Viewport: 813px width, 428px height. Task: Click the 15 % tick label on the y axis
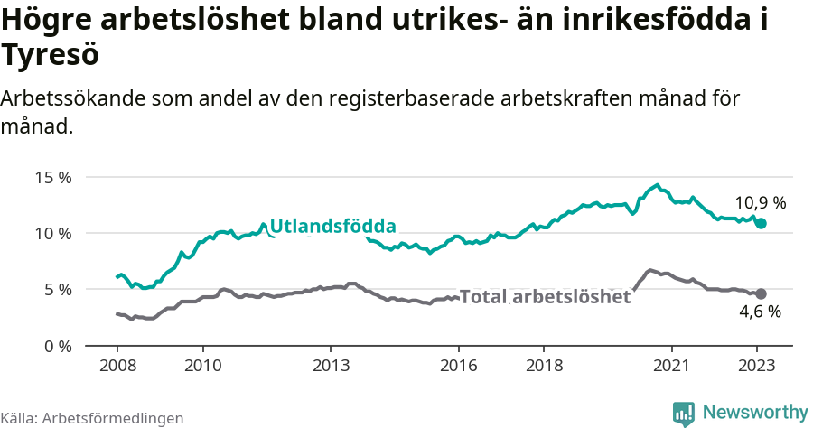(53, 177)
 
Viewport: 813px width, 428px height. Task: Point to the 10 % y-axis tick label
(53, 233)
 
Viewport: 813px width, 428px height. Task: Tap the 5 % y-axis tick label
(57, 290)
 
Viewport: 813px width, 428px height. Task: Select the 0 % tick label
(57, 346)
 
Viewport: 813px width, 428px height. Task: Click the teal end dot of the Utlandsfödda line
(762, 223)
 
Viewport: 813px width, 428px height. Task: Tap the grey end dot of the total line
(762, 293)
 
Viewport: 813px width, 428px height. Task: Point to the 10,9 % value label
(760, 203)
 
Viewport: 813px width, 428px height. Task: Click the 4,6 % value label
(760, 312)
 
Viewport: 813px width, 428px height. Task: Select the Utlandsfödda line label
(332, 226)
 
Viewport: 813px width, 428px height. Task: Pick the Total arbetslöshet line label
(545, 296)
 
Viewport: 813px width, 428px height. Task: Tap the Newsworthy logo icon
(684, 413)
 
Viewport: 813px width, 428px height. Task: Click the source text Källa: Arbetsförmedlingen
(92, 418)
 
